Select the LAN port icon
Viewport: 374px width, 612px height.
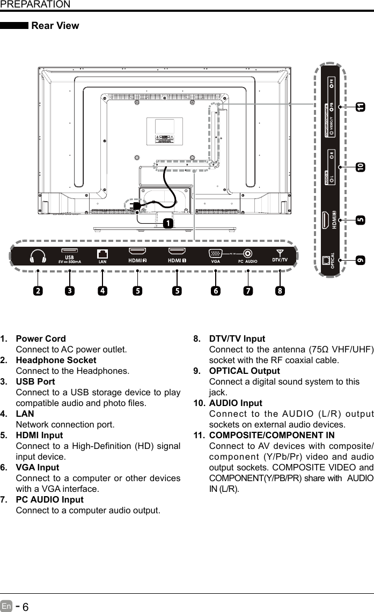102,254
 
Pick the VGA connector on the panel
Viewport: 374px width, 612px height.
215,254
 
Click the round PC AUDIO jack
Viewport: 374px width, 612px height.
248,254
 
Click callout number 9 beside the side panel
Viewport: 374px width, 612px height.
359,260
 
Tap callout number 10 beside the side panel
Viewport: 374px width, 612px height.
359,167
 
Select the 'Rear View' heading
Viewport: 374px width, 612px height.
55,26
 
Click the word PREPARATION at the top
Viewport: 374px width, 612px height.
35,5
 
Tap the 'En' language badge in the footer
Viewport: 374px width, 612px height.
6,606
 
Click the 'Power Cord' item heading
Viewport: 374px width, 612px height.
41,339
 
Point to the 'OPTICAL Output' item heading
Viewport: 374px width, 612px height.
244,371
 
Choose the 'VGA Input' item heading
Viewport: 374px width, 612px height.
38,468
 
